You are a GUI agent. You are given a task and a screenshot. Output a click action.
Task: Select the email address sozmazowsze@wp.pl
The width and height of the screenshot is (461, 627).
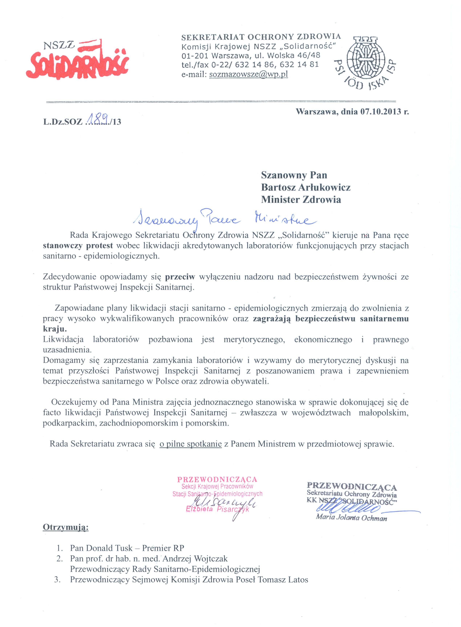[x=248, y=74]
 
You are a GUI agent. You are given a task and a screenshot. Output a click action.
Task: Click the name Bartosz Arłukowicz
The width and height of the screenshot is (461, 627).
[x=306, y=187]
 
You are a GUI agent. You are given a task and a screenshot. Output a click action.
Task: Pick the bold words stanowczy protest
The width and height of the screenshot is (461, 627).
[x=78, y=245]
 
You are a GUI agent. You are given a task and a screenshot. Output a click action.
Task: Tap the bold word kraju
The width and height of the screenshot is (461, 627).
[x=55, y=329]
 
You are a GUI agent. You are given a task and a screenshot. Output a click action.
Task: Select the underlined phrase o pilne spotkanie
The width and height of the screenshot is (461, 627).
[x=191, y=444]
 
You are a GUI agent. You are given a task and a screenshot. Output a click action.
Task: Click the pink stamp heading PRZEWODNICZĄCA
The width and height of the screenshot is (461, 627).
[x=217, y=479]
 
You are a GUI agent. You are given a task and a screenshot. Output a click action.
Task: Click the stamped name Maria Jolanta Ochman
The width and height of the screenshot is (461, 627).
[x=351, y=518]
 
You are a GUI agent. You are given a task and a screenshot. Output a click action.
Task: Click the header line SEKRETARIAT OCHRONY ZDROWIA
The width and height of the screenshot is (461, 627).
[x=261, y=37]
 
